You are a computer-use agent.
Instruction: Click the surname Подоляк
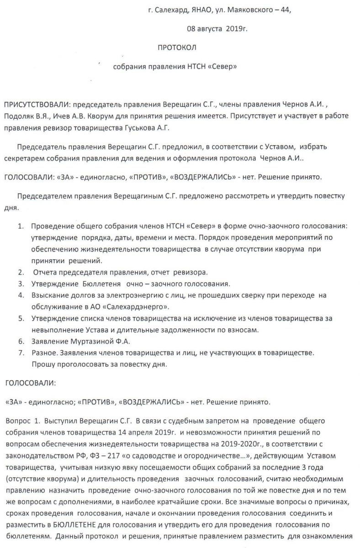click(18, 117)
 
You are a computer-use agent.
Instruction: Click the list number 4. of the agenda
click(21, 295)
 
